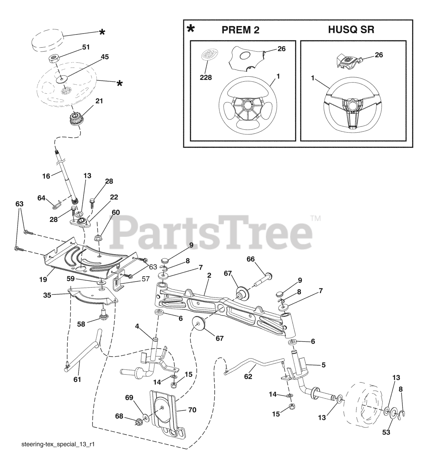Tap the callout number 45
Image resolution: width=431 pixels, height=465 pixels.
[94, 57]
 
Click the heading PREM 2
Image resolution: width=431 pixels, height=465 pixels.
[241, 30]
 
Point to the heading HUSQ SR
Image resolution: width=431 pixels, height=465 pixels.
[351, 30]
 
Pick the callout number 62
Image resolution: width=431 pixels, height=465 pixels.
[248, 376]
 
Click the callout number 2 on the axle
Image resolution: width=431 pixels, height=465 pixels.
[209, 275]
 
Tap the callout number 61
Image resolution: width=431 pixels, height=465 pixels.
[77, 379]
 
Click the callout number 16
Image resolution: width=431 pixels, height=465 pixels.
[46, 176]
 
